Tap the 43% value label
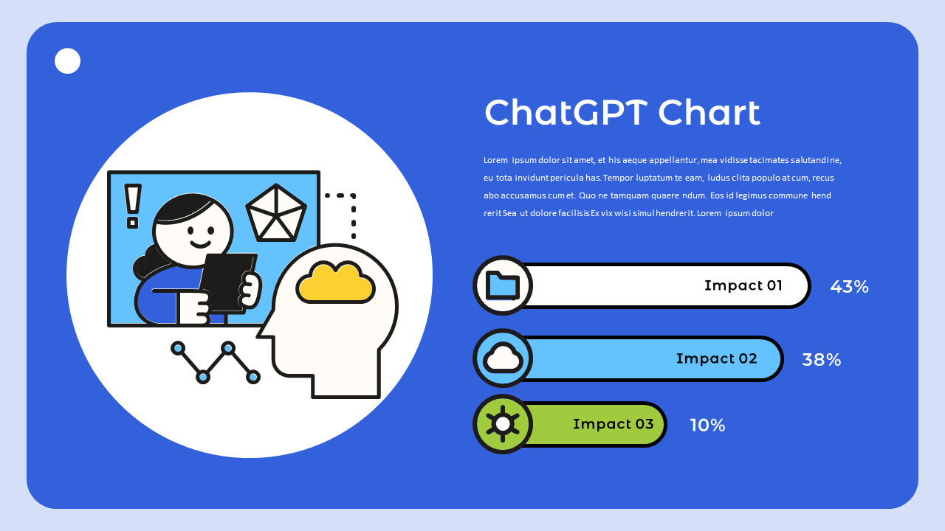849,287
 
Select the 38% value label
821,360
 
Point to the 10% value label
707,426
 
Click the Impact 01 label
743,285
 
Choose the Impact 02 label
716,358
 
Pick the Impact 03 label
613,424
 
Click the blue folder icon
503,285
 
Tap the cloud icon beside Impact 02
503,358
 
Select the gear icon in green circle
503,424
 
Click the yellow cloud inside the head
335,282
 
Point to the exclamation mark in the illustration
133,205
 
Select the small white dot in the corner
67,61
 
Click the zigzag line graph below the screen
215,361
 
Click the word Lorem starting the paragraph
496,160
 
